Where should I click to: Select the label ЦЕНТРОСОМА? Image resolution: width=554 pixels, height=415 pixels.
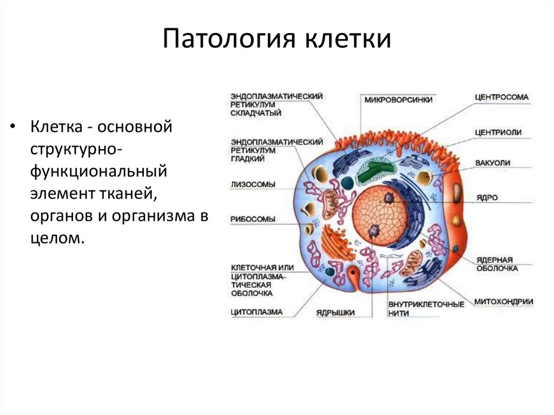(x=502, y=97)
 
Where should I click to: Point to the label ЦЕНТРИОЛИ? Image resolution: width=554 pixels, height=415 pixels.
(x=498, y=131)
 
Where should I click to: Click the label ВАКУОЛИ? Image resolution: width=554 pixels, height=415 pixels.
(x=493, y=162)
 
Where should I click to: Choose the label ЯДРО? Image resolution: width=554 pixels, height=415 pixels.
(x=487, y=197)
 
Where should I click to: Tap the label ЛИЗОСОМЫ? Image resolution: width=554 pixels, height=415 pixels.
(x=253, y=184)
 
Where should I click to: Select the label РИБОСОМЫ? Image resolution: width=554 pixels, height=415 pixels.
(x=253, y=219)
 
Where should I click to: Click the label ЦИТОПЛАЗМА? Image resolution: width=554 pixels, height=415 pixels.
(x=256, y=312)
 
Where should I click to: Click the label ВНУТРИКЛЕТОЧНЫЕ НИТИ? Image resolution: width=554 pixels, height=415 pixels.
(x=426, y=308)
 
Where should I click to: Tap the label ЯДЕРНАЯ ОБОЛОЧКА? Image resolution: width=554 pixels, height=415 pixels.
(x=497, y=264)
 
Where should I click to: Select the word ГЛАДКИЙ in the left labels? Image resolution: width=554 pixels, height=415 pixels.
(x=248, y=159)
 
